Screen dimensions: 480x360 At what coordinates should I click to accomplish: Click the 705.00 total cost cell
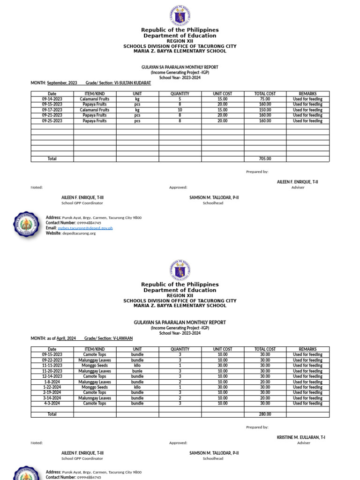(265, 159)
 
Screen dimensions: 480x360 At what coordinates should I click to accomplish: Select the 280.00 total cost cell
(265, 414)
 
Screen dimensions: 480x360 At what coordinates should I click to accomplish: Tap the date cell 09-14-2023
(52, 99)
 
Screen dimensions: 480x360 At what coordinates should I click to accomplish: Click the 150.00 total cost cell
(265, 110)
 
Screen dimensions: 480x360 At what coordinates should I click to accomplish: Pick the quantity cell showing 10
(180, 110)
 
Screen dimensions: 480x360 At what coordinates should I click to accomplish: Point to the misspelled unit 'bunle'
(137, 371)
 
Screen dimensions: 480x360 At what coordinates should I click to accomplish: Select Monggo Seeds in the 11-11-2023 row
(95, 366)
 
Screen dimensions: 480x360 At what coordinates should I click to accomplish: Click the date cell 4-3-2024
(52, 403)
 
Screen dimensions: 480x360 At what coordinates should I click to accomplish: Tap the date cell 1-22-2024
(52, 387)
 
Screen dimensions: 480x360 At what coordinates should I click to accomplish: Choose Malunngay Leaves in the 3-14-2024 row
(95, 398)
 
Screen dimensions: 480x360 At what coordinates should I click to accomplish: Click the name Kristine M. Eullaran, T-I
(301, 437)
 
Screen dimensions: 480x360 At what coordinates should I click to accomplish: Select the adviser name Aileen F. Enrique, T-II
(297, 181)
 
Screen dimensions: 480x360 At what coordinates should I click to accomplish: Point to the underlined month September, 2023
(62, 83)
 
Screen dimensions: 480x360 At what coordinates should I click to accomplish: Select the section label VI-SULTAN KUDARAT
(133, 83)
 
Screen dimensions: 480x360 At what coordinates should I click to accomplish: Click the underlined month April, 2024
(66, 338)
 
